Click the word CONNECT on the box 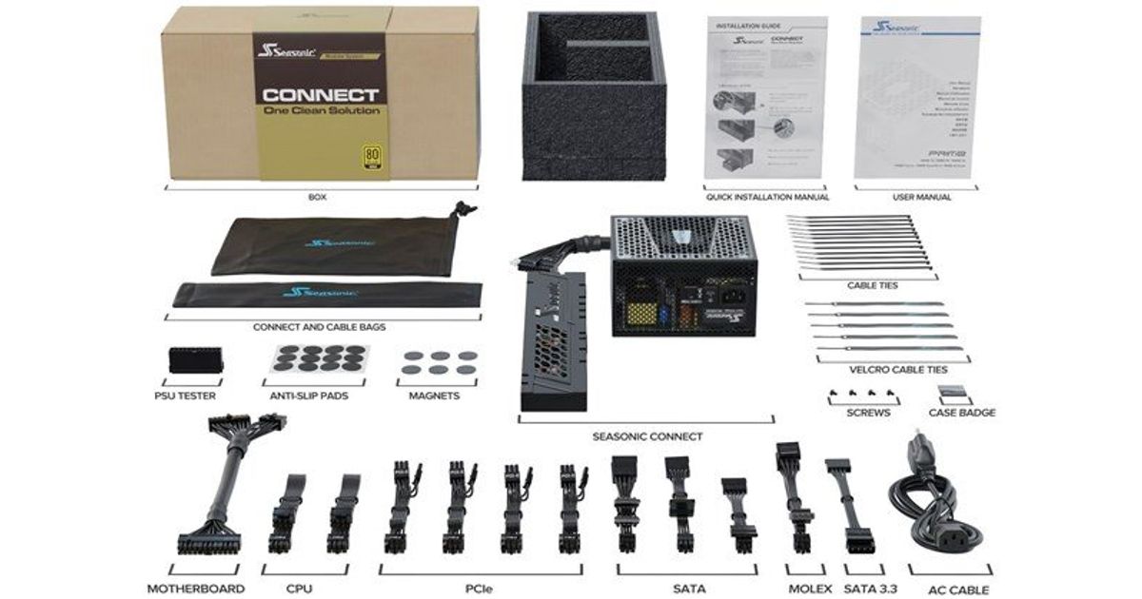321,95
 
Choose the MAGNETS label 435,395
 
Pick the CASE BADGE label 962,413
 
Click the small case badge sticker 955,391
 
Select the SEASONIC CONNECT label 647,436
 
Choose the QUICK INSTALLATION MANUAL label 767,197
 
